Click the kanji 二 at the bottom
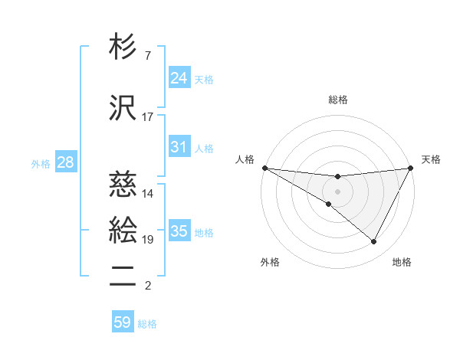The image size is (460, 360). tap(123, 277)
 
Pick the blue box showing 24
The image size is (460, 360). tap(179, 78)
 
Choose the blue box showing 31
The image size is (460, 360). tap(179, 147)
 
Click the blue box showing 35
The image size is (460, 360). tap(179, 231)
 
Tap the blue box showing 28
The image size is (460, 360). tap(65, 162)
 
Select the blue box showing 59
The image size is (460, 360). tap(123, 322)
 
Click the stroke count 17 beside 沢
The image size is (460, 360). tap(148, 117)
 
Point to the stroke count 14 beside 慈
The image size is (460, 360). tap(148, 194)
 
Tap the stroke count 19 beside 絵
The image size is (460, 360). tap(148, 240)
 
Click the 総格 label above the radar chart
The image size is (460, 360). tap(337, 100)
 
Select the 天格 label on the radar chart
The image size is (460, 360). tap(431, 159)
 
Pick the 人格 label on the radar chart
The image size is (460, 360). tap(245, 159)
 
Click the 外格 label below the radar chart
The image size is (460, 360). tap(270, 263)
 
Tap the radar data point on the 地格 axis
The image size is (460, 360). tap(373, 242)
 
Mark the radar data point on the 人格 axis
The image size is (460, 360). tap(264, 167)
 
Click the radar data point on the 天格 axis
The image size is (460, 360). tap(411, 168)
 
